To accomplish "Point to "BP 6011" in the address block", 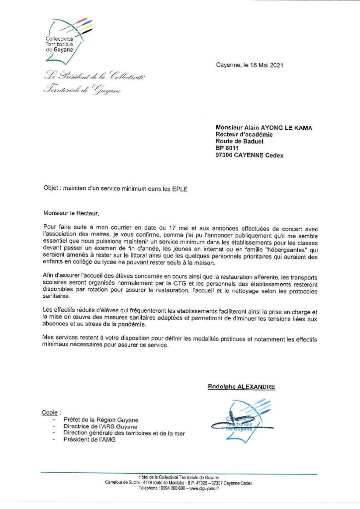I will pyautogui.click(x=228, y=148).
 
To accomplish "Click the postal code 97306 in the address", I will pyautogui.click(x=224, y=155).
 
